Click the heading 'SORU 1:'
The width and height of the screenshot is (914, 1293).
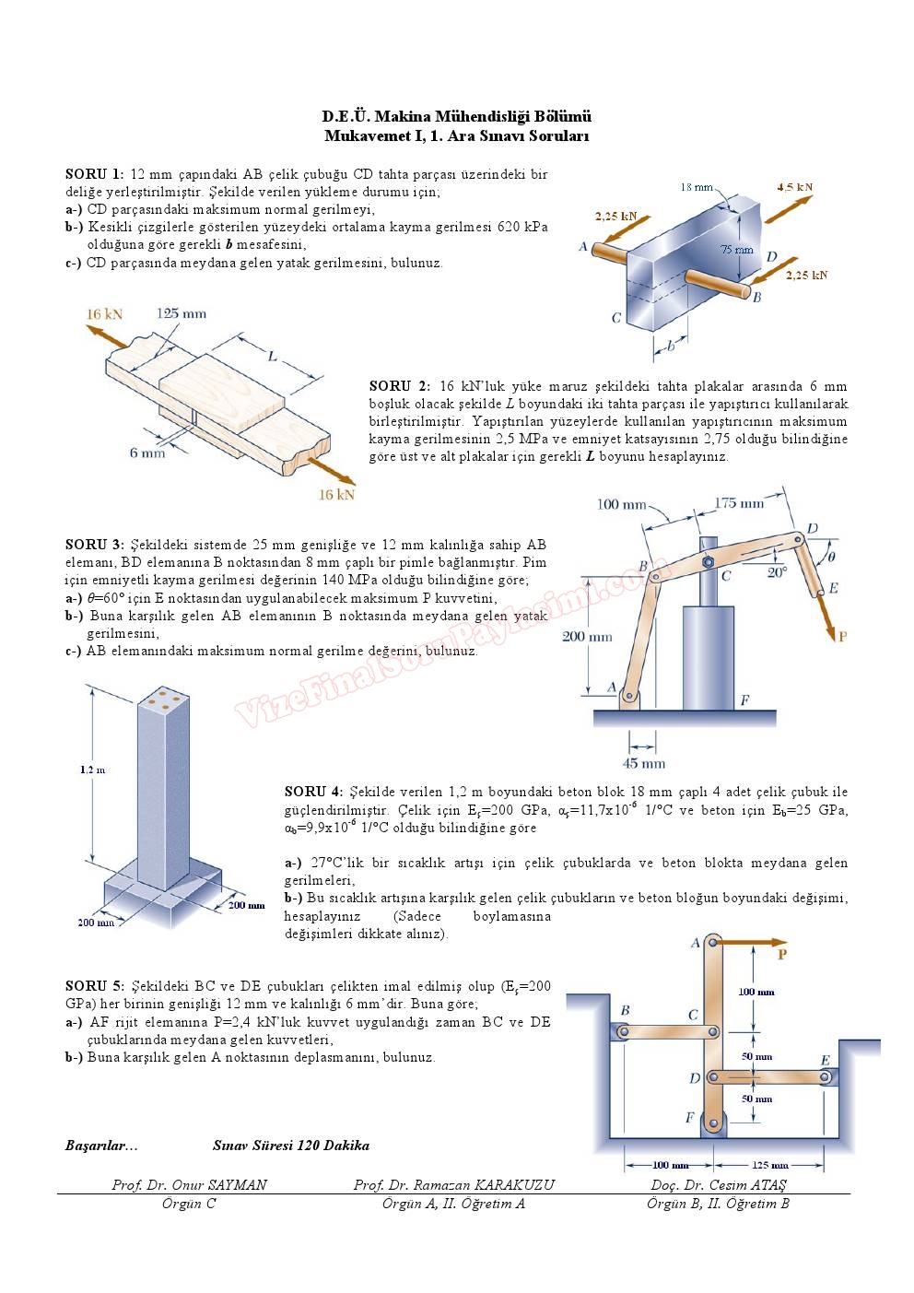[x=94, y=174]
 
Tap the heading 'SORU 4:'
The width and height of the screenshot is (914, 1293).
[x=312, y=792]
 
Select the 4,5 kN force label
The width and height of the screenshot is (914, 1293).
[x=794, y=187]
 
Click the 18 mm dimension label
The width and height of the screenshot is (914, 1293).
[x=697, y=187]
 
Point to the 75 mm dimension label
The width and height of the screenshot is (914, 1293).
[x=736, y=249]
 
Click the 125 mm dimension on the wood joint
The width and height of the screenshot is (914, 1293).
[x=181, y=313]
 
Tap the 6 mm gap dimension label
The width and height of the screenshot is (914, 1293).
[x=147, y=453]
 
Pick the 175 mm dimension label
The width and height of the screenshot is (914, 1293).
[x=739, y=503]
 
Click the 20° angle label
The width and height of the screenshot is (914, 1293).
[x=777, y=571]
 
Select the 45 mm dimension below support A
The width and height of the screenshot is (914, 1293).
[x=643, y=763]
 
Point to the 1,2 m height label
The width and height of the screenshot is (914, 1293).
[x=92, y=770]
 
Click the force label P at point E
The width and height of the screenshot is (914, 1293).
[x=841, y=636]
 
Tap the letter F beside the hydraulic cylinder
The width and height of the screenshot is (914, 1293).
[x=744, y=700]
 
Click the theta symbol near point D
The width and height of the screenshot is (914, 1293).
[x=831, y=557]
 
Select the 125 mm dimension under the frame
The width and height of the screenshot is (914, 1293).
[x=770, y=1165]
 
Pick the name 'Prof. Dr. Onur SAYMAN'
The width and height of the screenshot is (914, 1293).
[x=189, y=1185]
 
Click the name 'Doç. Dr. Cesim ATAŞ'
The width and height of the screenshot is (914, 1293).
[x=719, y=1185]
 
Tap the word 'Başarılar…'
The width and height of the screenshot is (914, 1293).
[x=101, y=1146]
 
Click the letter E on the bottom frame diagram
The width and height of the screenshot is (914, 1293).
[x=826, y=1061]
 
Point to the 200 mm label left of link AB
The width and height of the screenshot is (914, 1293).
[x=587, y=637]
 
